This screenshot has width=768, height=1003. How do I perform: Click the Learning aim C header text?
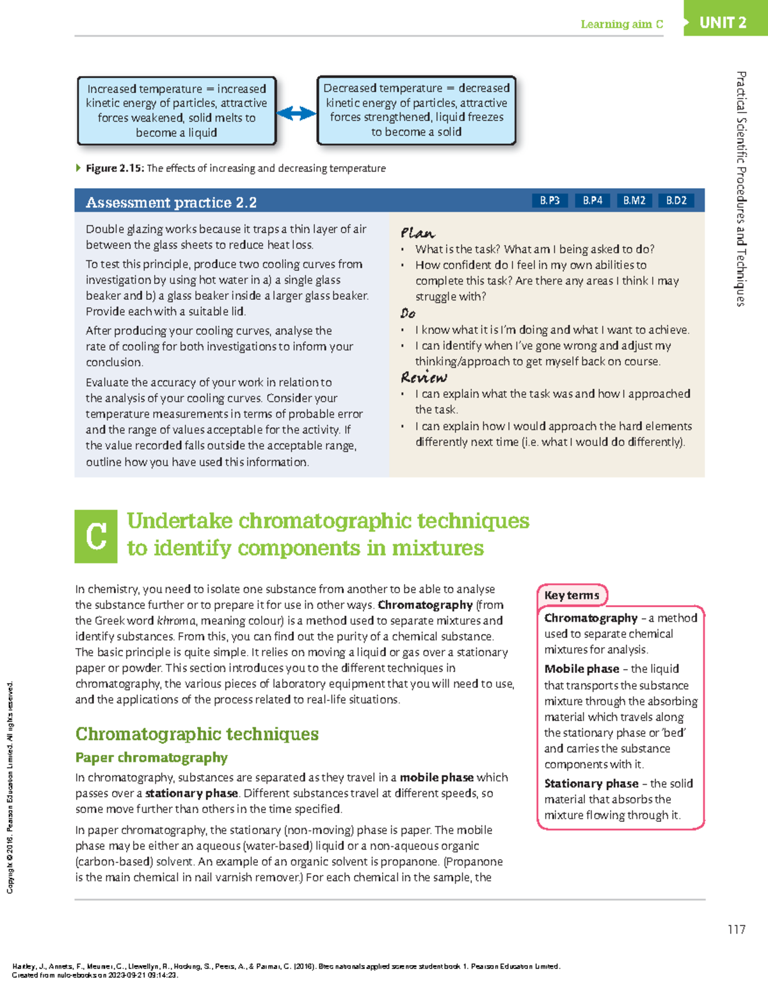point(621,24)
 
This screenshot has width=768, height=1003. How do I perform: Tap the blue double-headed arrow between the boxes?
point(296,113)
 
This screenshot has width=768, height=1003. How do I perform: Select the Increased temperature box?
point(177,111)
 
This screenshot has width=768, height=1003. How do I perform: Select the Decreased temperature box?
point(416,110)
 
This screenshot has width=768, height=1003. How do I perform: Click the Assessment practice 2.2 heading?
point(171,203)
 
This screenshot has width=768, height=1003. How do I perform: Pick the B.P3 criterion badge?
point(549,201)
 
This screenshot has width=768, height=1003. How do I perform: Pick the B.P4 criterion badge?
point(592,201)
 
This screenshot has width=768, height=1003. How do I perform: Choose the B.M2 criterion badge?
point(634,201)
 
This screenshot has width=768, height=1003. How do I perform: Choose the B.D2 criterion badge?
point(676,201)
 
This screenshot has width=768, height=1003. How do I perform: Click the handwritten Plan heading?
point(417,233)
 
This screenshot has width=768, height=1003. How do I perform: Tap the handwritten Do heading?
point(408,313)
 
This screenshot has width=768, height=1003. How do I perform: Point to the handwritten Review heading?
point(424,377)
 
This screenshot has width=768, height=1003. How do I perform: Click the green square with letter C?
point(96,536)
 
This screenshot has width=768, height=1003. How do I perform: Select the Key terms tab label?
point(572,596)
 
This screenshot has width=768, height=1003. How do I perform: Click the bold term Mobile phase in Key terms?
point(581,669)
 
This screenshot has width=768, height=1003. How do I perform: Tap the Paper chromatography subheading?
point(151,758)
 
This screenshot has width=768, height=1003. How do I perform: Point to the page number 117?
point(736,929)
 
